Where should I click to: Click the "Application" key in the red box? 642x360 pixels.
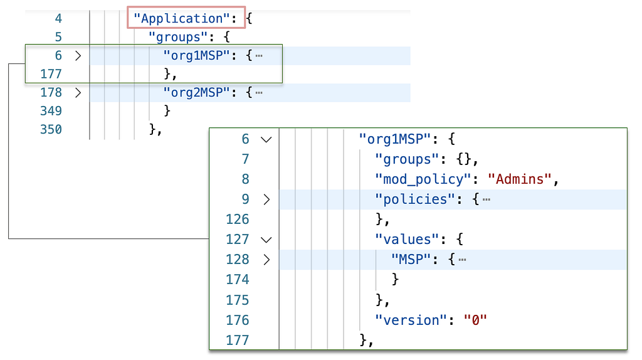[181, 18]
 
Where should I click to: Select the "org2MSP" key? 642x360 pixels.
[196, 93]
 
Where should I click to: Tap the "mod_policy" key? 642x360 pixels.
[423, 179]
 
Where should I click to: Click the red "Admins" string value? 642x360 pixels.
[520, 179]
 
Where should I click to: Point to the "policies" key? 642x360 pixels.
[415, 199]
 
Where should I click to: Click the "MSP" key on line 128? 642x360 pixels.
[411, 259]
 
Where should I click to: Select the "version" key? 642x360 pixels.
[411, 320]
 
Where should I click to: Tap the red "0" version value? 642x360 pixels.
[475, 320]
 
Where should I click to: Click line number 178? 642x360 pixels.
[51, 93]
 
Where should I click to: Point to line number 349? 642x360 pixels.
[51, 111]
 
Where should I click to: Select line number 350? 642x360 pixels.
[51, 129]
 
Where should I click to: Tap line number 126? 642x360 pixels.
[238, 219]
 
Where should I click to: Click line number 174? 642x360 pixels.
[238, 279]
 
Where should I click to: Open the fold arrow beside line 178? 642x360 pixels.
[78, 93]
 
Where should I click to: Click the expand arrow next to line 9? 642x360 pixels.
[266, 199]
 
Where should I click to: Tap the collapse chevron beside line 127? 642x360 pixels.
[266, 240]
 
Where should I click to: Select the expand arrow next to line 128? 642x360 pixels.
[266, 260]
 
